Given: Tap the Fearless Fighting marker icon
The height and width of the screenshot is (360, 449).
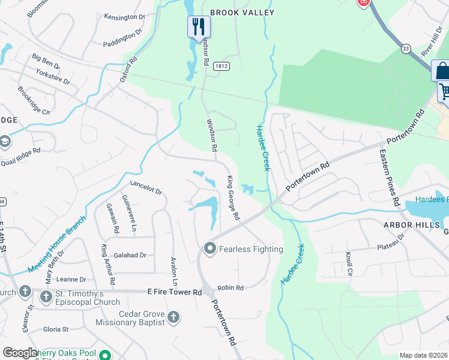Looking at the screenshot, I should pyautogui.click(x=209, y=248).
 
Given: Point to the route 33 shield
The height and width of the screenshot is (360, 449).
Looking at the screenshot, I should pyautogui.click(x=406, y=48).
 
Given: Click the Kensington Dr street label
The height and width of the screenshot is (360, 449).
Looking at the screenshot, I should pyautogui.click(x=124, y=17).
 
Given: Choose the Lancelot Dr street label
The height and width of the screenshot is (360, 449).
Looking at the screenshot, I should pyautogui.click(x=146, y=188).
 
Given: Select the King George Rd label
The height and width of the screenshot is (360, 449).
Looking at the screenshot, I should pyautogui.click(x=233, y=197).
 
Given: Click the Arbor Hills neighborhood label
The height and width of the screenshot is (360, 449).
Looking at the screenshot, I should pyautogui.click(x=408, y=224).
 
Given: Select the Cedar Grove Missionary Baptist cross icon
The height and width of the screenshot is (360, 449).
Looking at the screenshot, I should pyautogui.click(x=173, y=317).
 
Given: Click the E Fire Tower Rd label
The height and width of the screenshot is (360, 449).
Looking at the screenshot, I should pyautogui.click(x=175, y=292).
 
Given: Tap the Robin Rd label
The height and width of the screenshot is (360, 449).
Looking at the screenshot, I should pyautogui.click(x=231, y=288).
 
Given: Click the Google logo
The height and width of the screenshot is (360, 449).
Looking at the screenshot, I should pyautogui.click(x=20, y=353).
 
